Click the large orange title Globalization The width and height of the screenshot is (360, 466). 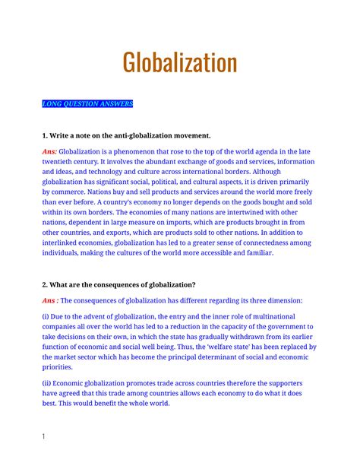pyautogui.click(x=180, y=64)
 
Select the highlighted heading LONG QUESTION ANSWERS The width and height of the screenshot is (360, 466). pyautogui.click(x=87, y=104)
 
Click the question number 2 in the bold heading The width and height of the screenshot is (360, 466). pyautogui.click(x=45, y=285)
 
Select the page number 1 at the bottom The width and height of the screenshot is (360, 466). pyautogui.click(x=44, y=436)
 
